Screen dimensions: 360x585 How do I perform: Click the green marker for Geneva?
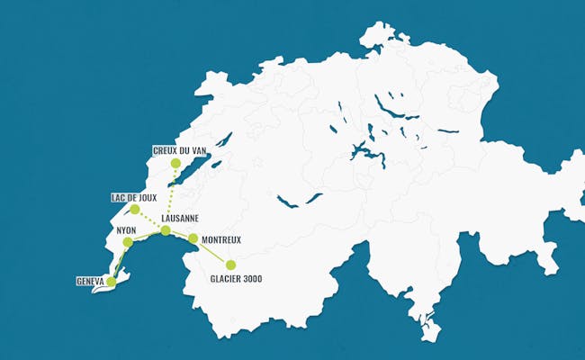point(111,282)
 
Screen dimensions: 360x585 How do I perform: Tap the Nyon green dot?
point(128,242)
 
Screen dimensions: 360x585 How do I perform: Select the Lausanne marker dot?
point(166,230)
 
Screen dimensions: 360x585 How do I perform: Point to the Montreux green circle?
point(193,238)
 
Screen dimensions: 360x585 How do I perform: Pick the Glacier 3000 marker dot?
point(230,265)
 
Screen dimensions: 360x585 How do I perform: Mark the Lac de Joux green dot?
point(134,210)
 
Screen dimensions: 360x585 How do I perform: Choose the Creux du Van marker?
point(175,164)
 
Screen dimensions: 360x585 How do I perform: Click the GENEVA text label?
point(91,282)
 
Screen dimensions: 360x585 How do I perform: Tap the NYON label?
point(126,230)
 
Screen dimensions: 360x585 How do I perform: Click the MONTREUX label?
point(221,239)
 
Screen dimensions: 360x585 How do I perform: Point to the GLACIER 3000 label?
point(237,279)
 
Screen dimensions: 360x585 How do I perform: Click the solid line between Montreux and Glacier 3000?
point(212,252)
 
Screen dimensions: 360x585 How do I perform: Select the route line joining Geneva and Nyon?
point(119,263)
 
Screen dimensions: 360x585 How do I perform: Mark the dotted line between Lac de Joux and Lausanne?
point(149,220)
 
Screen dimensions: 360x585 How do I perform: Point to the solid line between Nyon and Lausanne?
point(147,237)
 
